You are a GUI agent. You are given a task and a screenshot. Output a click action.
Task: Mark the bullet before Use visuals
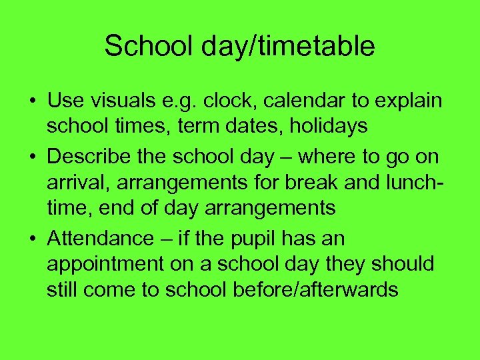31,101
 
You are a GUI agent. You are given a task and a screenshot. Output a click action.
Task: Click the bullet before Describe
31,157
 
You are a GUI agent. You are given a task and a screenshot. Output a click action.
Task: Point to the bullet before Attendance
31,239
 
